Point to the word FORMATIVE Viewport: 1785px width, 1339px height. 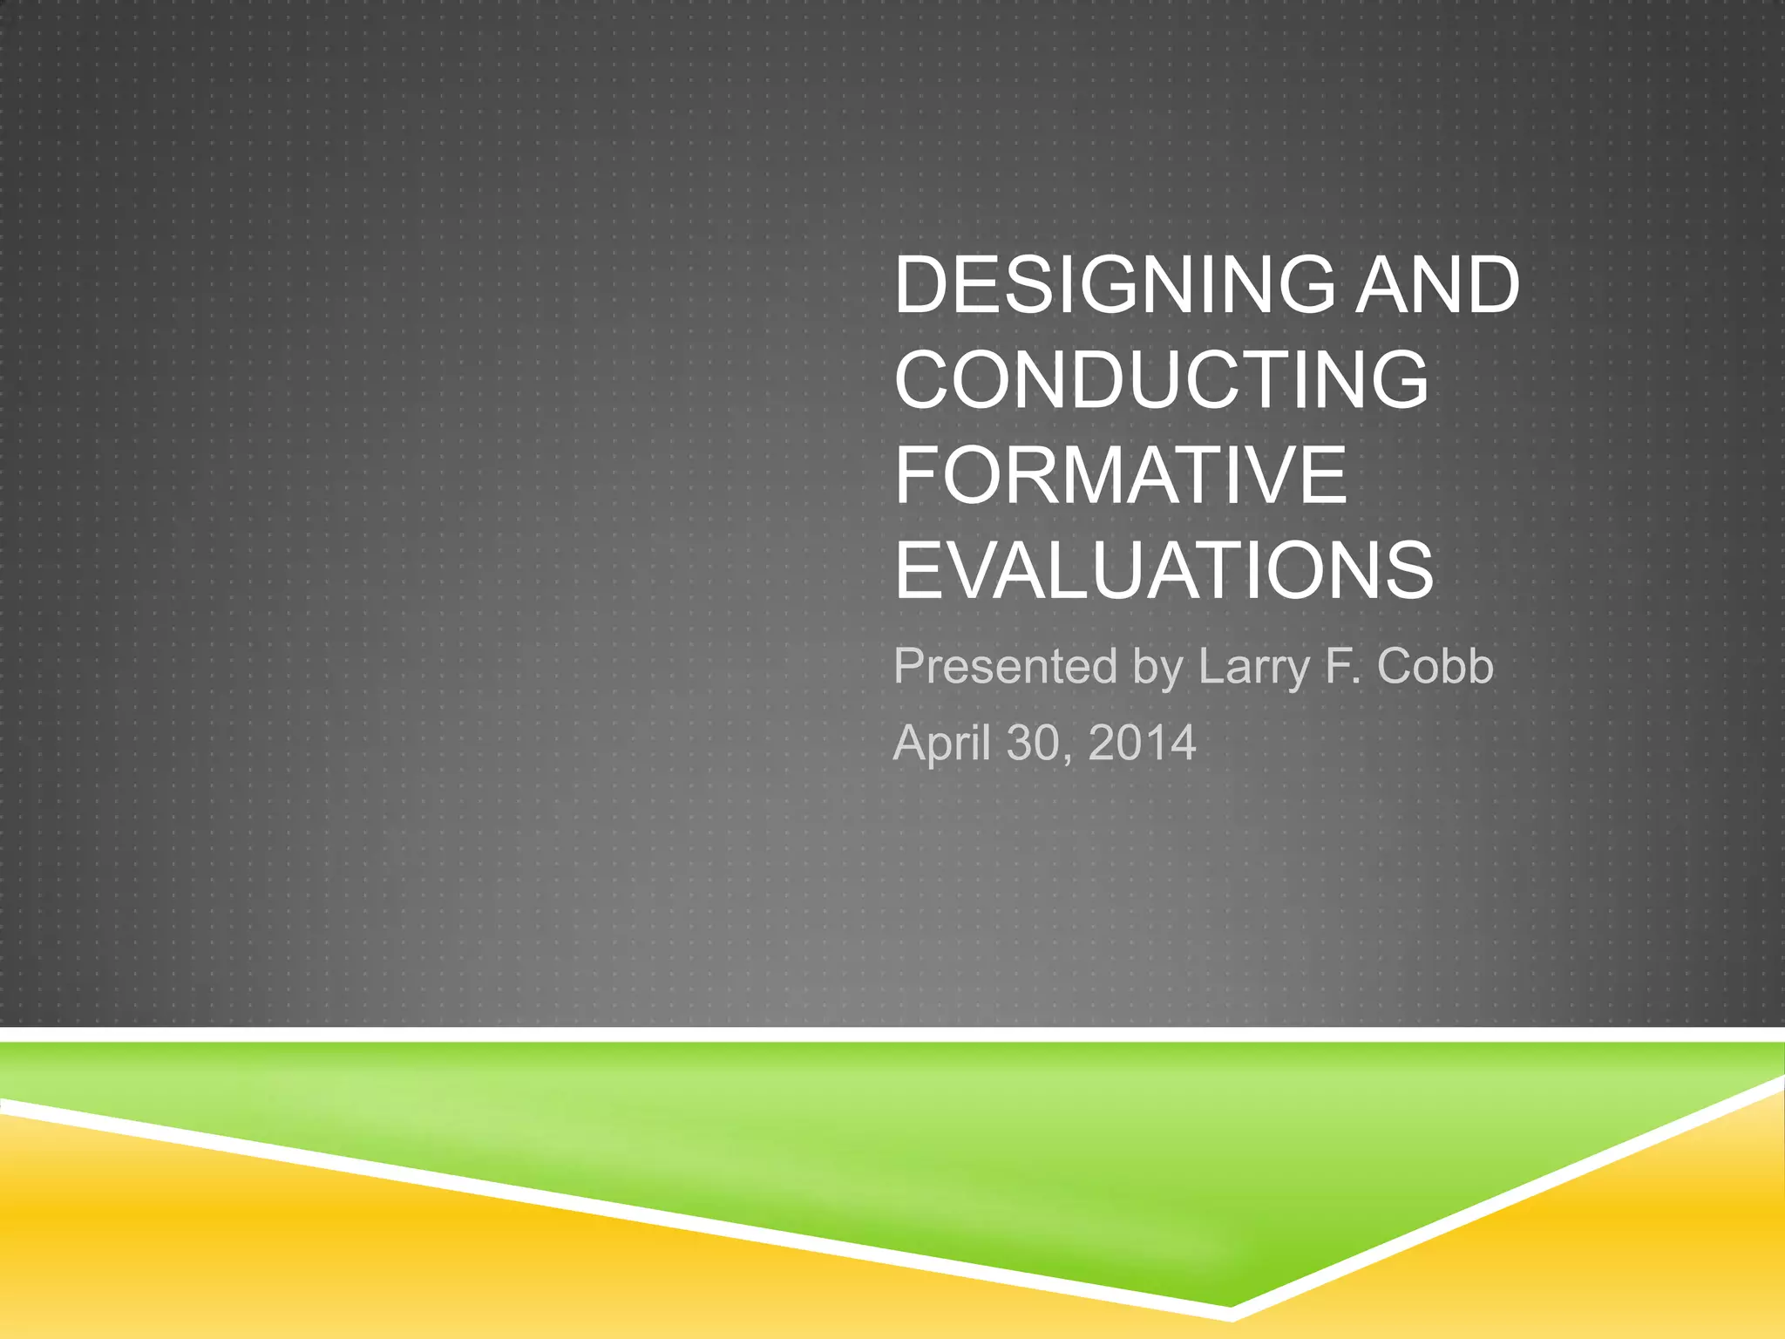tap(1121, 474)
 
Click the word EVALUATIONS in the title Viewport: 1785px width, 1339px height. tap(1164, 570)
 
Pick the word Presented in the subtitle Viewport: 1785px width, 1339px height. tap(1005, 667)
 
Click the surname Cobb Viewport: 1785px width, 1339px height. tap(1435, 667)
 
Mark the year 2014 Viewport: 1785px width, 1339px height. tap(1142, 744)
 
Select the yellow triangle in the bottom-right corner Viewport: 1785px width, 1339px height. tap(1656, 1238)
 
